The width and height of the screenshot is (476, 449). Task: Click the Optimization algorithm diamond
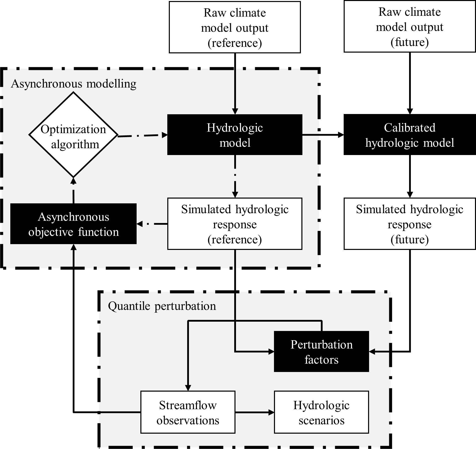pos(73,135)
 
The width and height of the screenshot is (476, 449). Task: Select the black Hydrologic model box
pos(235,135)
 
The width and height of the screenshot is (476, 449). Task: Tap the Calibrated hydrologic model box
pos(410,135)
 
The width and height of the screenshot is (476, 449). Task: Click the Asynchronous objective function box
pos(73,224)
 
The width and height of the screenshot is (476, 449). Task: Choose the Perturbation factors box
pos(321,352)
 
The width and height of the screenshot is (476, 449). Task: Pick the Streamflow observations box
pos(188,412)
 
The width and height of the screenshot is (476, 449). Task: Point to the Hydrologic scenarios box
pos(321,412)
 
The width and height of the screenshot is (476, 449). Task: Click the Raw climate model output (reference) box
pos(235,27)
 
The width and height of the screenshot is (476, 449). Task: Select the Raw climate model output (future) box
pos(410,27)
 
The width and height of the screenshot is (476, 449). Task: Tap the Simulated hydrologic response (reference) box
pos(235,224)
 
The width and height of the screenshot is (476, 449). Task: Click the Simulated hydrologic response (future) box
pos(410,224)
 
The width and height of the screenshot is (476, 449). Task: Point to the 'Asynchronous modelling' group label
pos(74,84)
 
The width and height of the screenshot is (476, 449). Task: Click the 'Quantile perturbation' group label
pos(162,306)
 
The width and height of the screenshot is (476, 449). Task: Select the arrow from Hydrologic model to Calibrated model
pos(323,135)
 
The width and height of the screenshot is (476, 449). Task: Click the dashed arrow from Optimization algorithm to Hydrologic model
pos(142,136)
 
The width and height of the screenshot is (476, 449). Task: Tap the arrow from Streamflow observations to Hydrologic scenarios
pos(255,412)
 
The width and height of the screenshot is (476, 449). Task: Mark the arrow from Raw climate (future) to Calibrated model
pos(410,83)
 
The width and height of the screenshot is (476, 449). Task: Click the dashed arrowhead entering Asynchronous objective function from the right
pos(140,224)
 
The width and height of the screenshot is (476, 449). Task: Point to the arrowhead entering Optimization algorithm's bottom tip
pos(73,181)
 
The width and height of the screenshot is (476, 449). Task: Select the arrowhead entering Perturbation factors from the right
pos(372,352)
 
